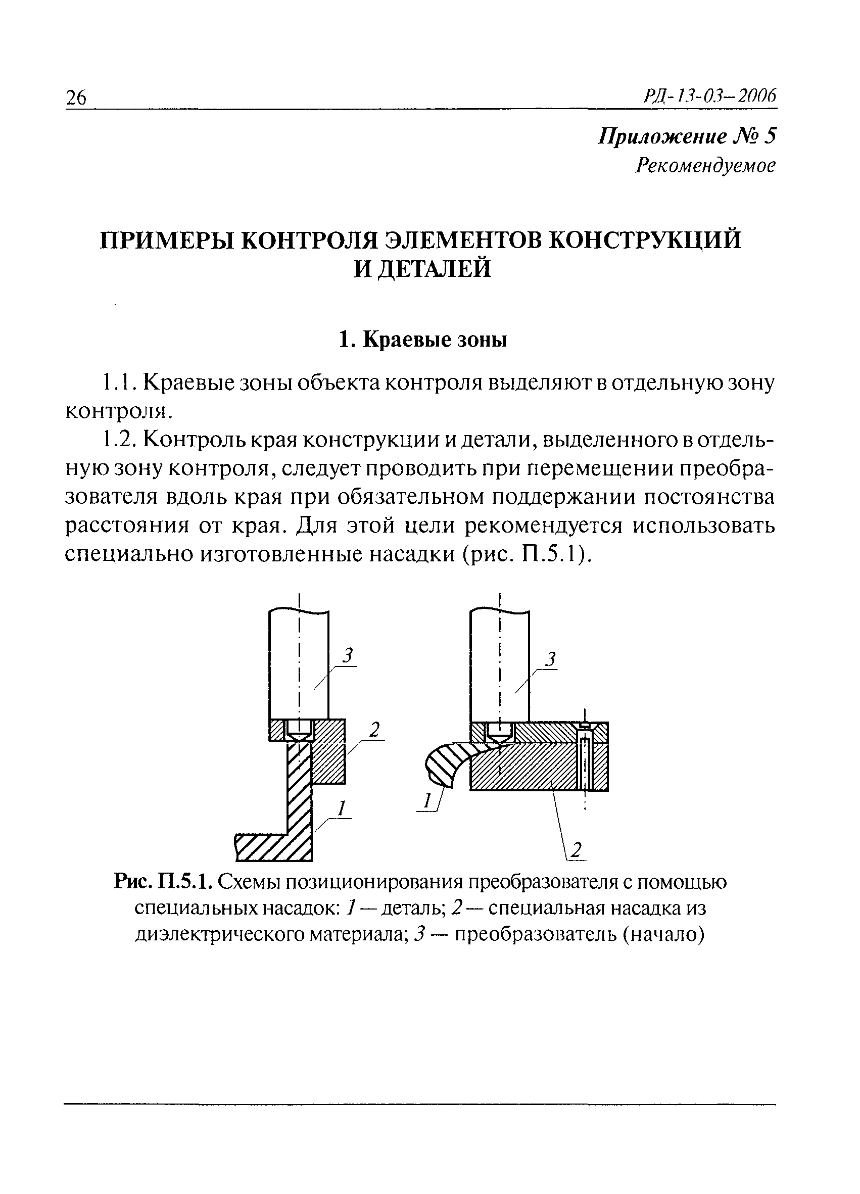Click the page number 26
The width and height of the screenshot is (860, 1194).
tap(76, 98)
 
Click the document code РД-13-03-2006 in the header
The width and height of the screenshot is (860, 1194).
tap(710, 97)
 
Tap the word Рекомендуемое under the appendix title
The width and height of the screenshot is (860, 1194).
tap(705, 166)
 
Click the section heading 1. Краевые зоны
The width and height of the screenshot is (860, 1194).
tap(422, 340)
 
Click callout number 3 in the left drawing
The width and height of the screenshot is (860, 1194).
tap(347, 656)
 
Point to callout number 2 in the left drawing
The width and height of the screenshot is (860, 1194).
tap(374, 730)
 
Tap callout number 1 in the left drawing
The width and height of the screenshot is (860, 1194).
tap(342, 808)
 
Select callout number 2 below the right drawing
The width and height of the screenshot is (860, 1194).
tap(577, 850)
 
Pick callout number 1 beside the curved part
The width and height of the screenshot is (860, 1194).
tap(427, 801)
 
